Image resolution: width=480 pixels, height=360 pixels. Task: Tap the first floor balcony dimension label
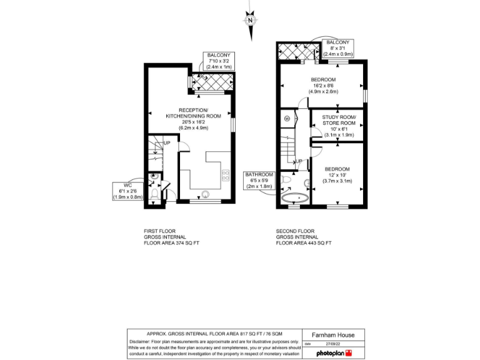coord(219,61)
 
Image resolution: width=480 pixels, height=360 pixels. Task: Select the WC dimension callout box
coord(128,191)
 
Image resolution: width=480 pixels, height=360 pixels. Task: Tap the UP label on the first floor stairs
coord(167,143)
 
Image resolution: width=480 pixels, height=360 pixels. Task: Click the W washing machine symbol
coord(287,118)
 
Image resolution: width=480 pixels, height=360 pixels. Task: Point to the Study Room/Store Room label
coord(339,126)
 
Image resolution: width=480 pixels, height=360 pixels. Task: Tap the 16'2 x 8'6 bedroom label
coord(323,86)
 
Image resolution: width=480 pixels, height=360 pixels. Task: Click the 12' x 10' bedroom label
coord(337,175)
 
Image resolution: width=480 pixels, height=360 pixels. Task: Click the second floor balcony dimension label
coord(337,46)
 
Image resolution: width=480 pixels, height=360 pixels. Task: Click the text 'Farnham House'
coord(333,335)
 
